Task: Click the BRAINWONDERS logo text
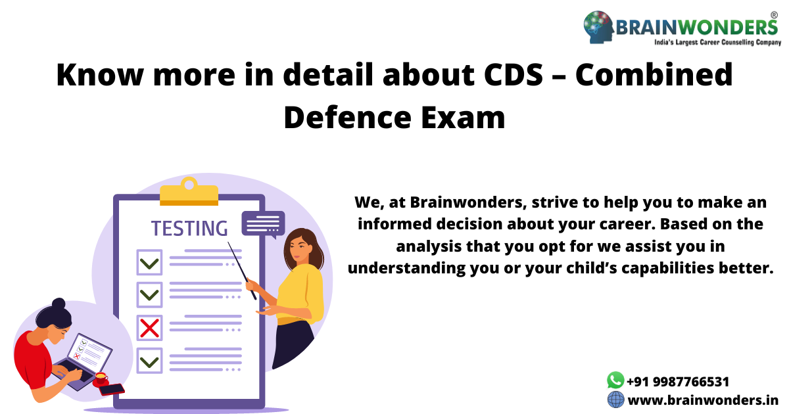point(697,27)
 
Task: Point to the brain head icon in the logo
point(598,26)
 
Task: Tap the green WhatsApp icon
point(615,380)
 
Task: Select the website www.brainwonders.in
point(703,400)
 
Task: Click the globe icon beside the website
point(615,399)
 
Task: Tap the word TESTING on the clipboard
point(189,228)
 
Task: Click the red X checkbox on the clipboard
point(149,327)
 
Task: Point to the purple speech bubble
point(263,223)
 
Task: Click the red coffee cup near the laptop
point(101,378)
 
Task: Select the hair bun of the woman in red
point(59,305)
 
